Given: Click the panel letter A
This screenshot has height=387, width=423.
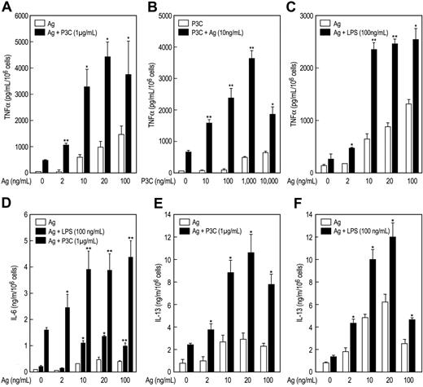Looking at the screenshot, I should (7, 7).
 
